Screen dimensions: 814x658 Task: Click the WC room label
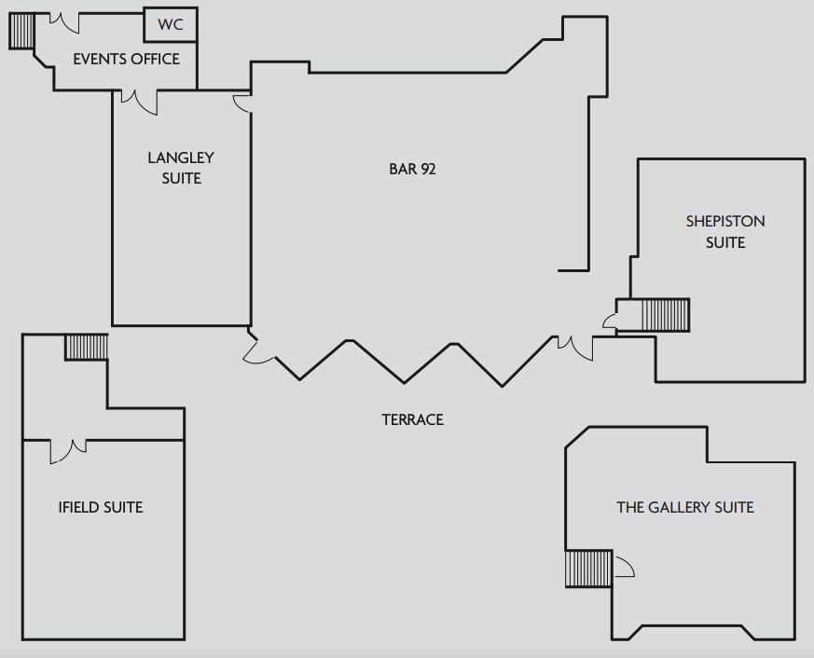click(171, 24)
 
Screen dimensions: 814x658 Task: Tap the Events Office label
click(126, 59)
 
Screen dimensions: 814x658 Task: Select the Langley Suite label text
click(181, 168)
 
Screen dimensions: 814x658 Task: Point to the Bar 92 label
click(412, 170)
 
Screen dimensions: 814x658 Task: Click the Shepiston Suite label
click(725, 231)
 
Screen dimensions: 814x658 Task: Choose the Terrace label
click(413, 419)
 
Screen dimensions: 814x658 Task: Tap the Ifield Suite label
click(101, 507)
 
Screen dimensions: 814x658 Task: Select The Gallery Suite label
click(684, 507)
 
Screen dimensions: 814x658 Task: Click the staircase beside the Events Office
click(21, 31)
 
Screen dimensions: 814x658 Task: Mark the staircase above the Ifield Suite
click(86, 347)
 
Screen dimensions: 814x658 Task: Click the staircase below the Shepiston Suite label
click(666, 314)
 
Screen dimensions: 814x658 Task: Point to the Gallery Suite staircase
click(588, 569)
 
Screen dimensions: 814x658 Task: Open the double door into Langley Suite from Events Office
click(139, 102)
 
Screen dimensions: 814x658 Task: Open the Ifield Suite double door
click(68, 450)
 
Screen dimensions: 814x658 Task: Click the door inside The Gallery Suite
click(624, 567)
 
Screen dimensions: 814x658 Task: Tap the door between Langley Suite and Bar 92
click(242, 103)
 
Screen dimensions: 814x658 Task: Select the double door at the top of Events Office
click(64, 22)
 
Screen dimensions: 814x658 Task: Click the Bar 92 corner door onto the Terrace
click(258, 350)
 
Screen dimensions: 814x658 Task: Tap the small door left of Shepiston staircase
click(610, 321)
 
